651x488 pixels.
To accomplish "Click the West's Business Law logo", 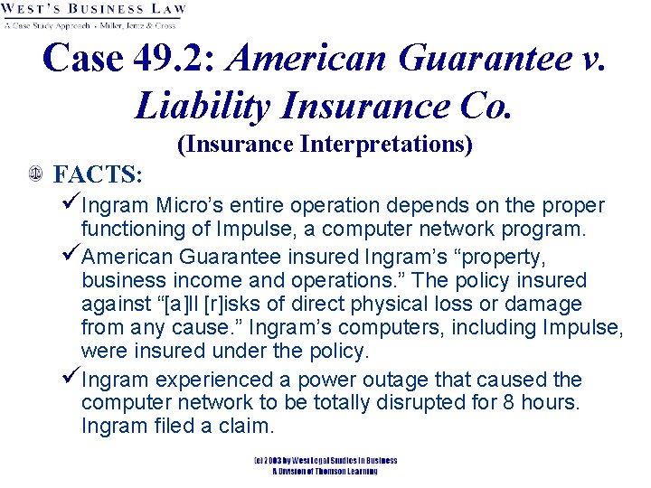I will [x=94, y=15].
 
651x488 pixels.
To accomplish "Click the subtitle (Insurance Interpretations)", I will [x=325, y=145].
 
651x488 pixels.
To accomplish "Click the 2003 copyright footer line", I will [x=325, y=460].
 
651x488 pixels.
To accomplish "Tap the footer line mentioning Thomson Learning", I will [x=325, y=471].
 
